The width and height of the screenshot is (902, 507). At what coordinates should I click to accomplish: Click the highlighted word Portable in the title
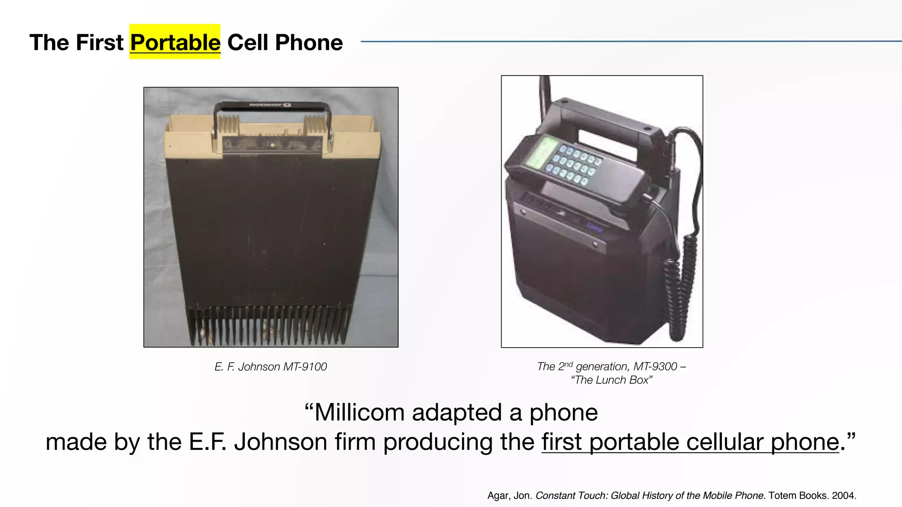point(175,42)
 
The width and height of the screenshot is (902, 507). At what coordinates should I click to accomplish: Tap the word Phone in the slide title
point(308,42)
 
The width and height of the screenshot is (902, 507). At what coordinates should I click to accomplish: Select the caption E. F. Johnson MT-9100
point(270,367)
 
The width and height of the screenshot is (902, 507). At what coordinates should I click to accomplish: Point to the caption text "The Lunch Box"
point(611,380)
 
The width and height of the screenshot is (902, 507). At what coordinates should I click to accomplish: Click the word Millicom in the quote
point(360,412)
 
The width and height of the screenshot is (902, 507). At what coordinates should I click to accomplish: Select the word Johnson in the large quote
point(280,441)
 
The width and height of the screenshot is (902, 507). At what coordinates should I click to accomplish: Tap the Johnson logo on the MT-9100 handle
point(270,105)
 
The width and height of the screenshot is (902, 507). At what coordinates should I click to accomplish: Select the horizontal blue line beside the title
point(630,41)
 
